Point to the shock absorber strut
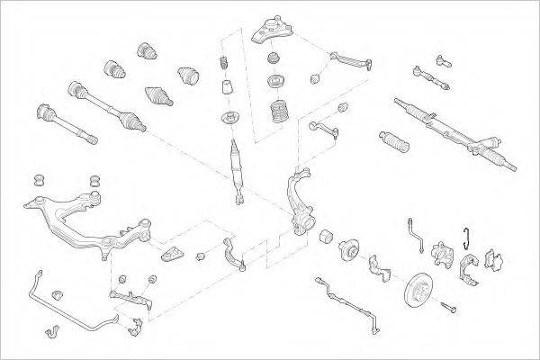click(x=238, y=166)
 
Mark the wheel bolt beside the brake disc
click(x=449, y=311)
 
